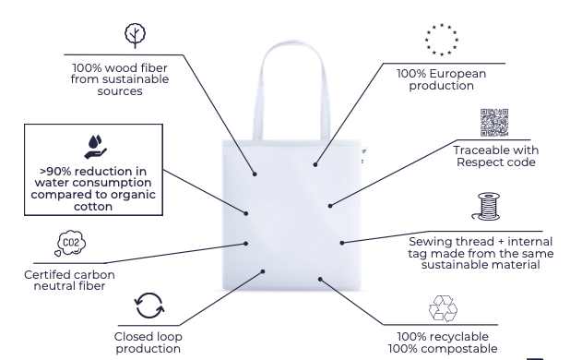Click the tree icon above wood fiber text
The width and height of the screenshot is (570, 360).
[x=136, y=36]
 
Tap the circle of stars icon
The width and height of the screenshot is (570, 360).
[x=442, y=40]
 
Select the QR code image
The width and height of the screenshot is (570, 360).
[x=494, y=123]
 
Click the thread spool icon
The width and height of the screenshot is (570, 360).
[x=486, y=207]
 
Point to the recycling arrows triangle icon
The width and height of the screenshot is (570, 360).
[x=443, y=308]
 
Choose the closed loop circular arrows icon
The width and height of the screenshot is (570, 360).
[x=149, y=306]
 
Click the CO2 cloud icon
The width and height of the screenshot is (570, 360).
[x=70, y=243]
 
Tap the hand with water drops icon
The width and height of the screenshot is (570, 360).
[x=95, y=147]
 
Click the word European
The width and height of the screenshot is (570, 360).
[x=457, y=74]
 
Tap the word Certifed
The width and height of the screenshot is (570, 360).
[x=50, y=275]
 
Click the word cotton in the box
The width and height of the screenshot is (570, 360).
[x=93, y=207]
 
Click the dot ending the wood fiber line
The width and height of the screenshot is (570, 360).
[x=255, y=174]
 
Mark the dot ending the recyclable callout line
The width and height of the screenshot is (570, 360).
[x=320, y=280]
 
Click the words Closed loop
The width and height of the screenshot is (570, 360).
[x=148, y=337]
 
